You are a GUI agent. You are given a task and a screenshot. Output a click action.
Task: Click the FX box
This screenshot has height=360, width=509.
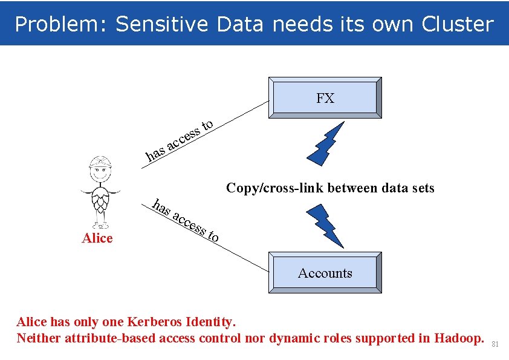325,98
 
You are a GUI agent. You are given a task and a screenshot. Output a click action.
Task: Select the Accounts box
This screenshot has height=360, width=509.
325,273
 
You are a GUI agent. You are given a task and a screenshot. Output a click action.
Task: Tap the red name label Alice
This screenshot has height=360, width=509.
97,238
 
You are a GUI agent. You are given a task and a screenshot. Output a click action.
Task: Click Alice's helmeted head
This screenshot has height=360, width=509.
100,166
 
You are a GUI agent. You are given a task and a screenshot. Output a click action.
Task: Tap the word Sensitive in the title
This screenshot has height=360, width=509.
161,24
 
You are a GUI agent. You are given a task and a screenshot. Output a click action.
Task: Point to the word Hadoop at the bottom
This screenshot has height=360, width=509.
459,338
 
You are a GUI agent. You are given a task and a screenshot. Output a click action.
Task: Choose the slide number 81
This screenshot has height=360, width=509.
495,344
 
